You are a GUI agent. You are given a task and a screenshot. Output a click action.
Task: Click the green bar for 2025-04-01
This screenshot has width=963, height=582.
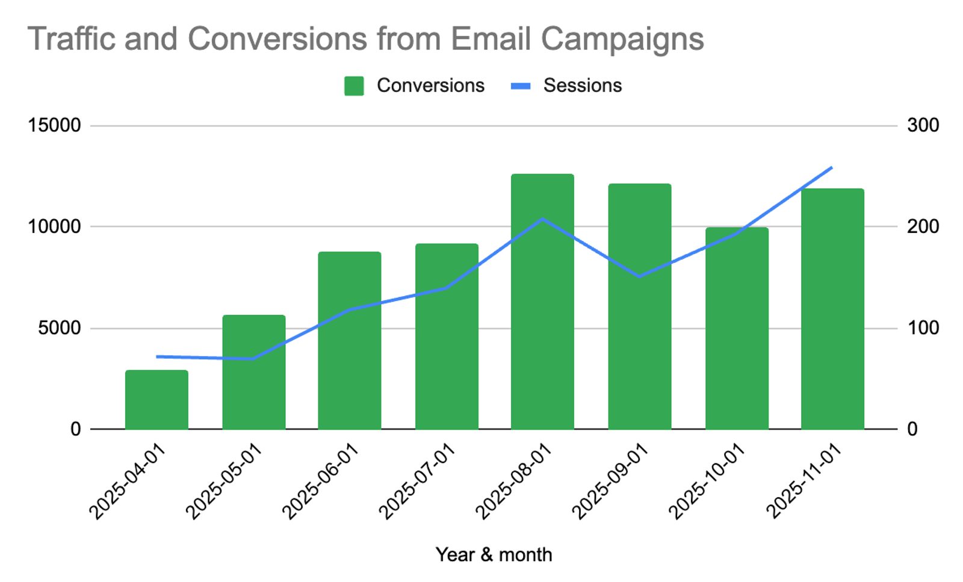click(156, 400)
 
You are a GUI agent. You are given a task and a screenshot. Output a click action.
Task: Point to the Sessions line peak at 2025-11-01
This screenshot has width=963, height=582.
click(831, 167)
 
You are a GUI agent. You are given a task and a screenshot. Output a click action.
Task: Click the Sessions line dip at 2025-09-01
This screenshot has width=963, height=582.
click(639, 276)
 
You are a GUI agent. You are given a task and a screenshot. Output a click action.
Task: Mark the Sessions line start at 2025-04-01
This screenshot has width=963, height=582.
click(157, 356)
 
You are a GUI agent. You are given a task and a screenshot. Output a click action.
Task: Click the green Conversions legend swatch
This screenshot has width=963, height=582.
click(354, 86)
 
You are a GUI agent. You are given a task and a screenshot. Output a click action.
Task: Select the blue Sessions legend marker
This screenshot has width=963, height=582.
click(521, 86)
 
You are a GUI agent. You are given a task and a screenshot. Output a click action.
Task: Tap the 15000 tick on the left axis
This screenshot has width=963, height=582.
click(54, 125)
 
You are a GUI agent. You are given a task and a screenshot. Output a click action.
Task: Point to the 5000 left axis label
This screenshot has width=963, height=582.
click(59, 328)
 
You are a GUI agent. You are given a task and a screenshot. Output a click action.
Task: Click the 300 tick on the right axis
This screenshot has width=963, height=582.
click(923, 125)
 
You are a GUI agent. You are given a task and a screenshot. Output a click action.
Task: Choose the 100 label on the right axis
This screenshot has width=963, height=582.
click(923, 328)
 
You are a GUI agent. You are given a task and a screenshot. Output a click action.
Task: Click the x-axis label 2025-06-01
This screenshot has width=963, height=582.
click(320, 481)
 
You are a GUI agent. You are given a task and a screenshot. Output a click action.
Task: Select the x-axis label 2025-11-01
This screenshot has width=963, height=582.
click(804, 481)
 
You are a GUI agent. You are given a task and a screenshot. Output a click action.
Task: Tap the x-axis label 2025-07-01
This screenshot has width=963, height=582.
click(416, 481)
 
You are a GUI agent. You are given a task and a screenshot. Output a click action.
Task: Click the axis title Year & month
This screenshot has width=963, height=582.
click(494, 554)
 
